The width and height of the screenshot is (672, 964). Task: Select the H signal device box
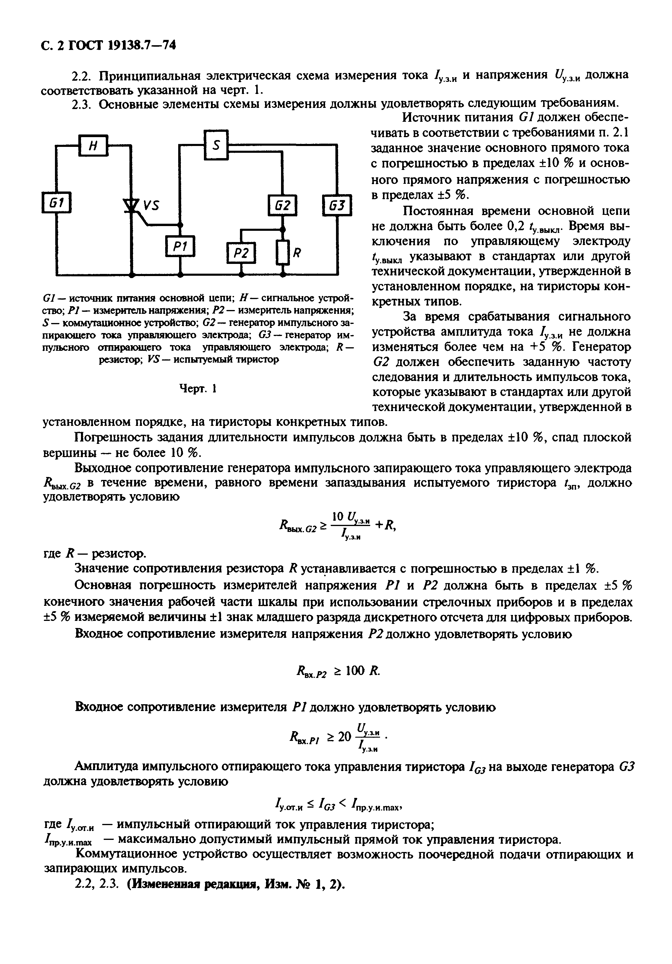pos(93,146)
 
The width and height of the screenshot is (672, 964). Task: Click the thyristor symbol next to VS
pos(132,205)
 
